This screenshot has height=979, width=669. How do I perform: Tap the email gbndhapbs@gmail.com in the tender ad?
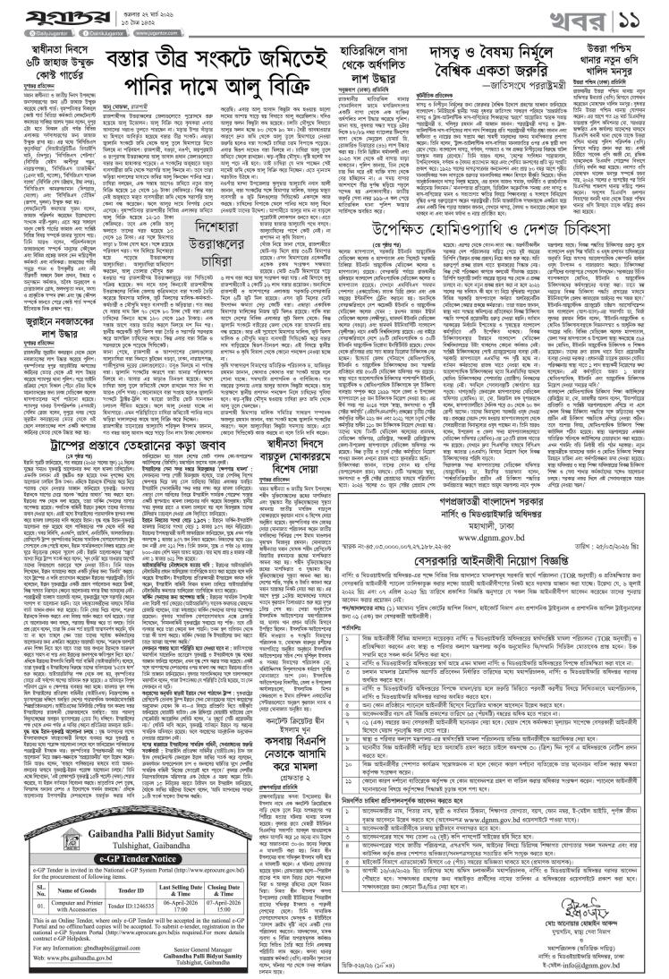(x=106, y=915)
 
